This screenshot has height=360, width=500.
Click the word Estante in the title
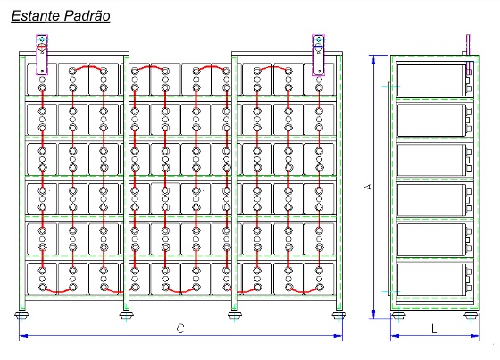click(x=36, y=16)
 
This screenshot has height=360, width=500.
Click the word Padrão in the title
click(x=87, y=16)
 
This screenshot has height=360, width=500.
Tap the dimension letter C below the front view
click(x=180, y=328)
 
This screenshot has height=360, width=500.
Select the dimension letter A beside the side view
click(x=368, y=187)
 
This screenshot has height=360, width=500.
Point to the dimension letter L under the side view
click(x=434, y=329)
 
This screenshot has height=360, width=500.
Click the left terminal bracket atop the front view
click(x=42, y=54)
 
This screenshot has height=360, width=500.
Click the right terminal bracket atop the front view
click(x=318, y=54)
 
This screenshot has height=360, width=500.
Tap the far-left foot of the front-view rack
click(x=21, y=315)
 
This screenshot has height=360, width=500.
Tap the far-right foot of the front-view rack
click(x=338, y=315)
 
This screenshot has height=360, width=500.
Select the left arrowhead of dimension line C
click(x=23, y=335)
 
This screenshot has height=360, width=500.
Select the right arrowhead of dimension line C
click(x=337, y=335)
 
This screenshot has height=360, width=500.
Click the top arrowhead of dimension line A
click(x=374, y=60)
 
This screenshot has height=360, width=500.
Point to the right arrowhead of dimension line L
click(x=475, y=335)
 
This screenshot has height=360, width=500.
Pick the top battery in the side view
click(x=431, y=80)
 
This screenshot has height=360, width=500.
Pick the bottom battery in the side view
click(x=431, y=280)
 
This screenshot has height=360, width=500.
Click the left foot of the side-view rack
click(x=397, y=315)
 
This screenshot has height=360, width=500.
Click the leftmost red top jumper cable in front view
click(x=87, y=67)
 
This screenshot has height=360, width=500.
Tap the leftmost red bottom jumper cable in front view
click(x=58, y=290)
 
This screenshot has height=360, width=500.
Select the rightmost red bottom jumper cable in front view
click(x=304, y=290)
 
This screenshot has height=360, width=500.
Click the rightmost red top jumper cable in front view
click(x=272, y=67)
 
